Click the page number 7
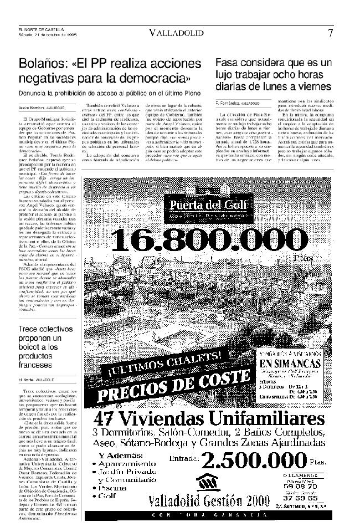330,32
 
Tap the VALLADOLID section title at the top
176,33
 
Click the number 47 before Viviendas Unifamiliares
109,418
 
